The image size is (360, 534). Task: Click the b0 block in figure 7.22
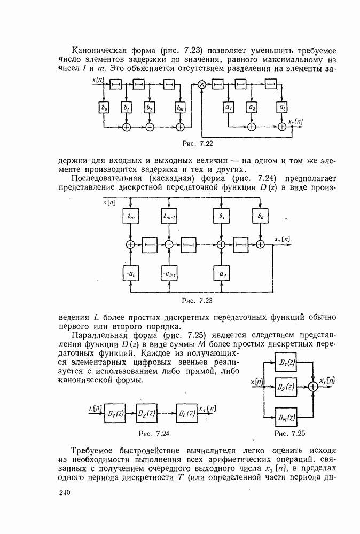click(104, 107)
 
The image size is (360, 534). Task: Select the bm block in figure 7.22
click(180, 107)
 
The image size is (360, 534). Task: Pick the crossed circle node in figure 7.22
click(202, 84)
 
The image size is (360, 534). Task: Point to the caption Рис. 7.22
click(198, 143)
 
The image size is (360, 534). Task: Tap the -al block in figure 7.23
click(130, 274)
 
